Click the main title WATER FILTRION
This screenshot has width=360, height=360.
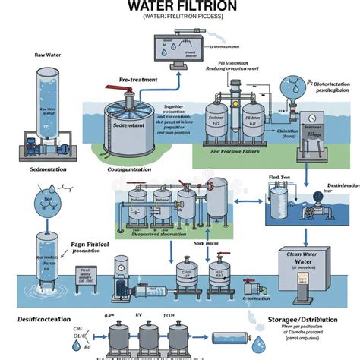179,6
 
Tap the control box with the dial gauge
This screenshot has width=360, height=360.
311,128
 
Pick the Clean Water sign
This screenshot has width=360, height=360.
302,261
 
